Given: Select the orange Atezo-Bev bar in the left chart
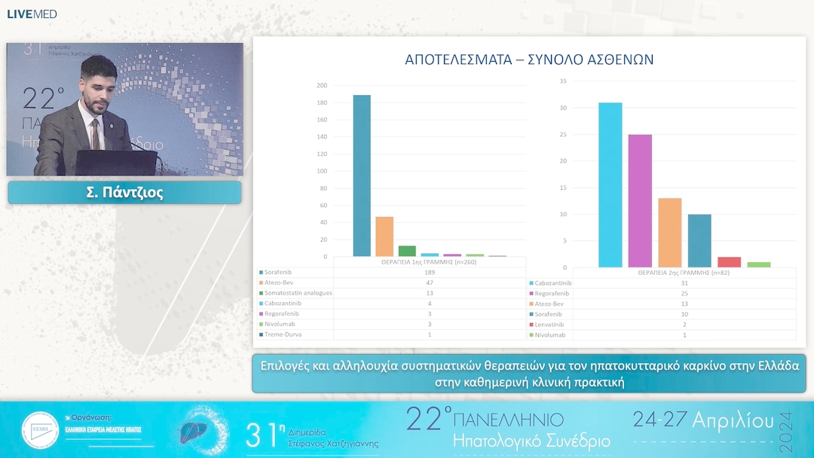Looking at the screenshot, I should point(384,237).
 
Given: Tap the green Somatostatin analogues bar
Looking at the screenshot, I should point(407,251).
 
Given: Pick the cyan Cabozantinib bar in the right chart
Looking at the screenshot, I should point(610,185).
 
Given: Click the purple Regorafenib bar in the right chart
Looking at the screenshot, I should point(640,200).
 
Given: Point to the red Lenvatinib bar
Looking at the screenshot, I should point(729,262).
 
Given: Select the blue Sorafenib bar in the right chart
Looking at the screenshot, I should point(699,240).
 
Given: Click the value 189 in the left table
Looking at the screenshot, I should point(430,272).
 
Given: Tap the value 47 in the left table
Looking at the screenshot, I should point(430,282).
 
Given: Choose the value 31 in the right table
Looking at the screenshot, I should point(684,283).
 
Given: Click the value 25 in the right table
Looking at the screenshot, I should point(684,293).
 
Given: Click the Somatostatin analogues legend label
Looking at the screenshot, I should point(298,293).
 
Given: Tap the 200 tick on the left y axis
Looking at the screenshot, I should point(322,86).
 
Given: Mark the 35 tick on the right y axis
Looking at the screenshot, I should point(563,81).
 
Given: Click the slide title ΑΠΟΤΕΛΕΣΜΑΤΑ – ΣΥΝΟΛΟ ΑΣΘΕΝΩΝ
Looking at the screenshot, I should point(529,60).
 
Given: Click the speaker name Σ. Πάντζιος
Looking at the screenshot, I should point(124,193).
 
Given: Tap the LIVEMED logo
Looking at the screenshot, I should point(32,14).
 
